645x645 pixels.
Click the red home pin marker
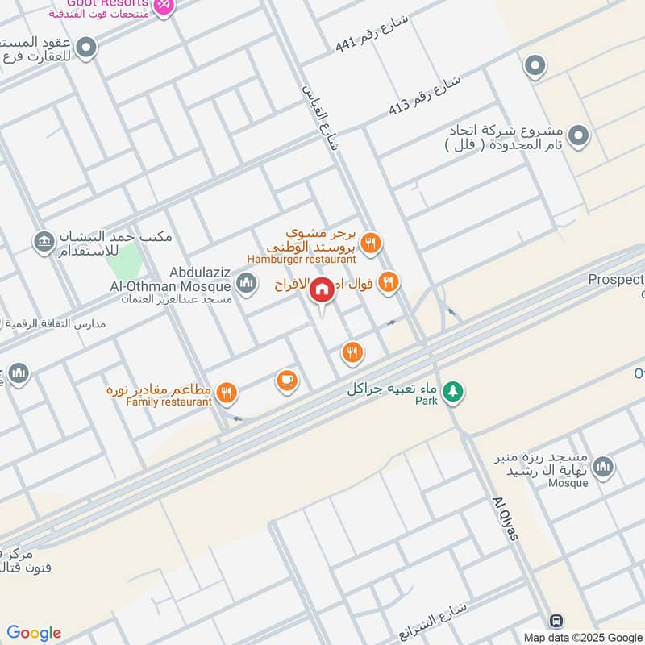(x=322, y=289)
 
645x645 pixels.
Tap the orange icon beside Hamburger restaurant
(x=371, y=243)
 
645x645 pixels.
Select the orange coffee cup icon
(x=287, y=381)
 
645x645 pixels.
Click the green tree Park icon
(x=454, y=390)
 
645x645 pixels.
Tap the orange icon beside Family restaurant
(x=227, y=393)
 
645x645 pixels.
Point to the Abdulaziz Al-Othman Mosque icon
(x=247, y=283)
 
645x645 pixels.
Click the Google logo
(x=34, y=633)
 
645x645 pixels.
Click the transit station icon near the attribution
(x=556, y=621)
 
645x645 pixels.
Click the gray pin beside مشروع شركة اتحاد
(x=577, y=137)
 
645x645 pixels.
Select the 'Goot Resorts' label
(x=110, y=3)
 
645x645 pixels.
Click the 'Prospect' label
(x=616, y=280)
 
